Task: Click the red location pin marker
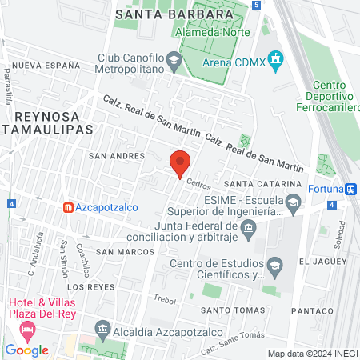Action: point(180,162)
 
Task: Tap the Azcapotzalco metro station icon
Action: point(69,207)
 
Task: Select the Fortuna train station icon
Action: point(350,190)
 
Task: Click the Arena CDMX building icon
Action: point(277,58)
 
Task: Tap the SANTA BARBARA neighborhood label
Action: point(162,14)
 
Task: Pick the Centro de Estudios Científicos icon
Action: point(275,266)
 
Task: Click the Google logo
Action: point(27,350)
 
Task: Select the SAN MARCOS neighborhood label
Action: point(124,252)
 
